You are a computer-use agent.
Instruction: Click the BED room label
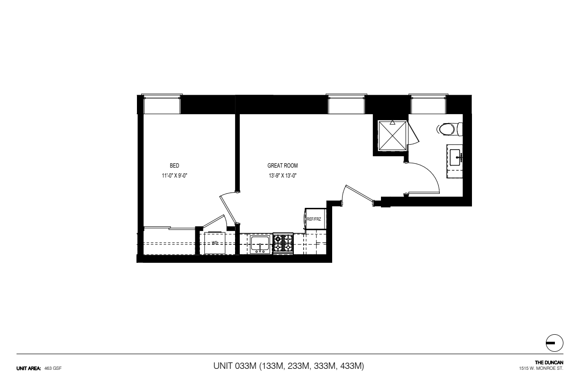[x=174, y=166]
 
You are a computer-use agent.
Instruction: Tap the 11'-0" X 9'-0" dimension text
[x=174, y=176]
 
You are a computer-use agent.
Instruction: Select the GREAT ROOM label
[x=282, y=166]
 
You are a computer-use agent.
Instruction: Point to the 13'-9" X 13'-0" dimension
[x=282, y=176]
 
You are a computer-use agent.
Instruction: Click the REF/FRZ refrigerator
[x=315, y=219]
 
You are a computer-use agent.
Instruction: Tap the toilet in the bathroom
[x=450, y=129]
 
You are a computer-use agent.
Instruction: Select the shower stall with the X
[x=392, y=135]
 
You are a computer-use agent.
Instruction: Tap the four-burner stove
[x=283, y=243]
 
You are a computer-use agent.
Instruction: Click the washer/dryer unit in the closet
[x=215, y=243]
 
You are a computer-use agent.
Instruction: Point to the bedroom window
[x=162, y=104]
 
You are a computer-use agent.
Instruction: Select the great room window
[x=346, y=104]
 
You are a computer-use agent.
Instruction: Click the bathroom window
[x=428, y=104]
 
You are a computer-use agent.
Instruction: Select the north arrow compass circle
[x=554, y=343]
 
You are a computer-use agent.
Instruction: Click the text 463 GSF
[x=53, y=368]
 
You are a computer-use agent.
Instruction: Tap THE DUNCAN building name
[x=549, y=363]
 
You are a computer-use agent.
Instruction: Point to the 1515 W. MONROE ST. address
[x=541, y=368]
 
